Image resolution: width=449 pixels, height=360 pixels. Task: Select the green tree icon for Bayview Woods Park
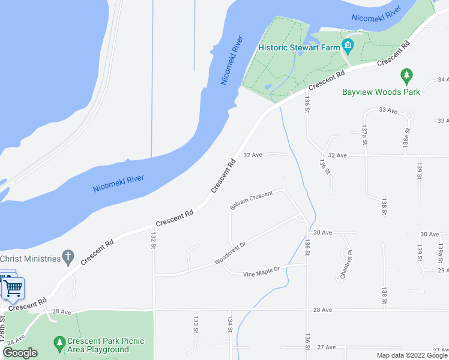407,76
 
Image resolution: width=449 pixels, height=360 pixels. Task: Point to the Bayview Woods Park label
381,92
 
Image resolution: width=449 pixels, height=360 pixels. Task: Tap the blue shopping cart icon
13,288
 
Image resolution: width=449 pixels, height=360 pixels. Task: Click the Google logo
20,353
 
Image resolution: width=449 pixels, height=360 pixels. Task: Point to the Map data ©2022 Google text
412,355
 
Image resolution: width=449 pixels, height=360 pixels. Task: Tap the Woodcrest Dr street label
231,254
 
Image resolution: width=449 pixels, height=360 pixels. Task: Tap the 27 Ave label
326,347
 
